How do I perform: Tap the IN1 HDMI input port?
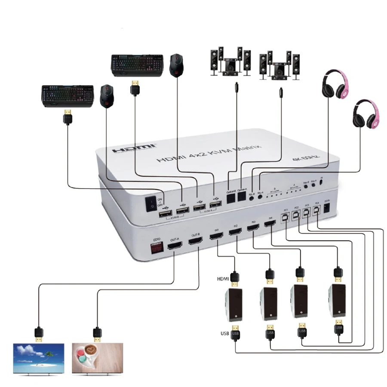(216, 237)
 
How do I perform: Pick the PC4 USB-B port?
(317, 209)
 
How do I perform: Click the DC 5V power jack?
(327, 207)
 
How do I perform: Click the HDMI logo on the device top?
(134, 148)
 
